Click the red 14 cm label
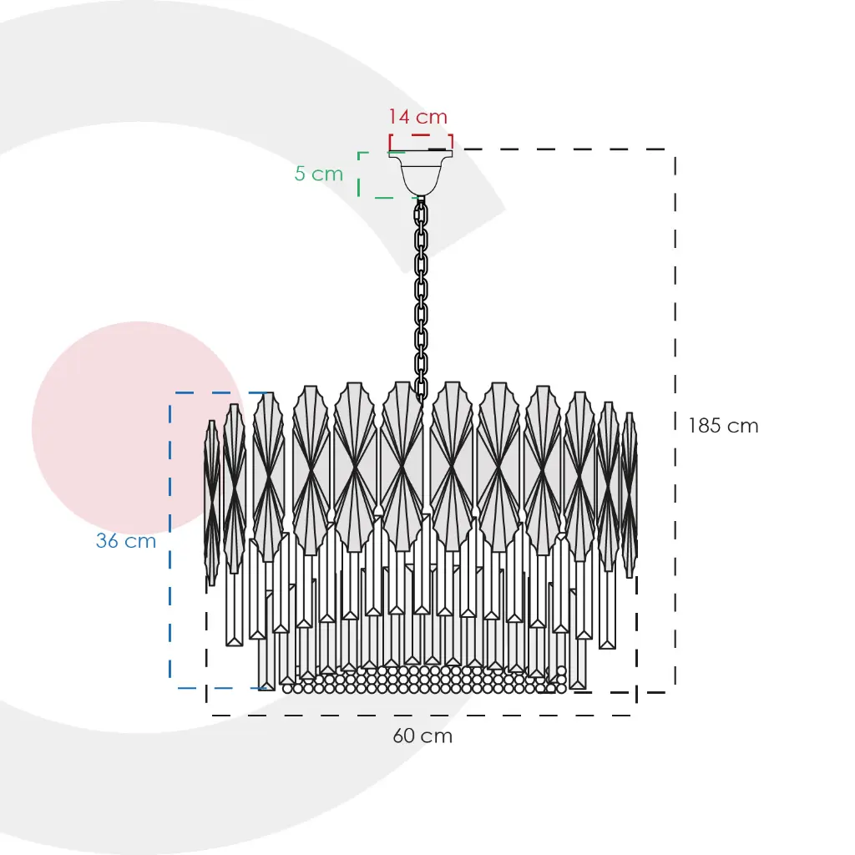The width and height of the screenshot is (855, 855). pos(417,116)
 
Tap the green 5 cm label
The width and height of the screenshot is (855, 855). pos(319,174)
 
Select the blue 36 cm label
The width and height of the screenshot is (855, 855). pos(126,540)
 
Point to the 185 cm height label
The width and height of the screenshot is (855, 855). pos(723,425)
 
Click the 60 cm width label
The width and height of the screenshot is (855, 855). pos(422,736)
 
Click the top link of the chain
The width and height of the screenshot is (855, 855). pos(421,209)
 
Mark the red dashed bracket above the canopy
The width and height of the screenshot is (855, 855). pos(421,140)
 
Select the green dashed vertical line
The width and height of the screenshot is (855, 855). pos(359,175)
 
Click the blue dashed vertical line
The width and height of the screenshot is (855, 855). pos(170,540)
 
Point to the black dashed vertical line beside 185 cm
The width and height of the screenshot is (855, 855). pos(675,421)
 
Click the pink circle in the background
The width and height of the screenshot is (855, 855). pos(137,428)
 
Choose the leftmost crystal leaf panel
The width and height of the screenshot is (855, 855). pos(211,503)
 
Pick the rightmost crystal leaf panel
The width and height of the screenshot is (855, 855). pos(630,494)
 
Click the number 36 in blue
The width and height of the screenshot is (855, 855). pos(107,540)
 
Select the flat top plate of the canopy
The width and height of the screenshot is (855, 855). pos(421,154)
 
